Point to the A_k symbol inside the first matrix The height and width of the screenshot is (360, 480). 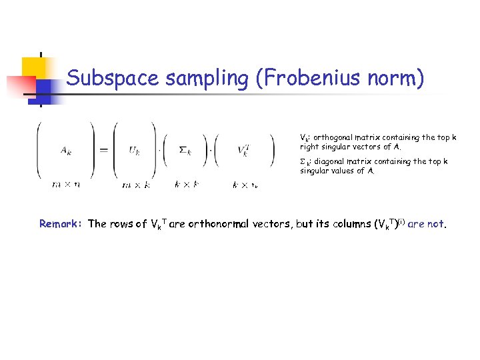(x=67, y=151)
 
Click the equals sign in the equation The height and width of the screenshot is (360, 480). (x=103, y=150)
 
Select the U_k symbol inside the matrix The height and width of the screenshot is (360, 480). (x=135, y=151)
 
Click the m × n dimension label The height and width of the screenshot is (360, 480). (x=67, y=184)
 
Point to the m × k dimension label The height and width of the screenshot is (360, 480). (x=136, y=185)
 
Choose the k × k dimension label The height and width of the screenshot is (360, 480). (x=186, y=185)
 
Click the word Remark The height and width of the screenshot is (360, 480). (x=60, y=224)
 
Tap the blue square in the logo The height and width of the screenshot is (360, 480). (x=47, y=87)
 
